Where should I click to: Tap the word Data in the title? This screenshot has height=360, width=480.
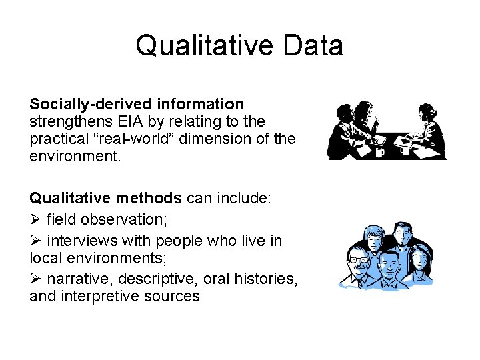313,46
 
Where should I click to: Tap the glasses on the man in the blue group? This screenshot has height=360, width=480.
358,259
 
